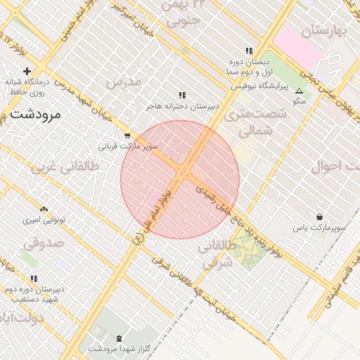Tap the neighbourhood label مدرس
tap(124, 82)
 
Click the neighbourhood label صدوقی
tap(44, 243)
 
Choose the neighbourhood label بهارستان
tap(325, 31)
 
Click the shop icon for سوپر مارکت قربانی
tap(127, 136)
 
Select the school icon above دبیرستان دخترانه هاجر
tap(182, 95)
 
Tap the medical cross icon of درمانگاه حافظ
tap(27, 71)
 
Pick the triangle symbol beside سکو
tap(300, 91)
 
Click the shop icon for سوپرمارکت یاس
tap(321, 217)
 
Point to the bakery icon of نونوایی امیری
tap(44, 209)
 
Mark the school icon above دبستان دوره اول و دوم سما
tap(248, 51)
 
